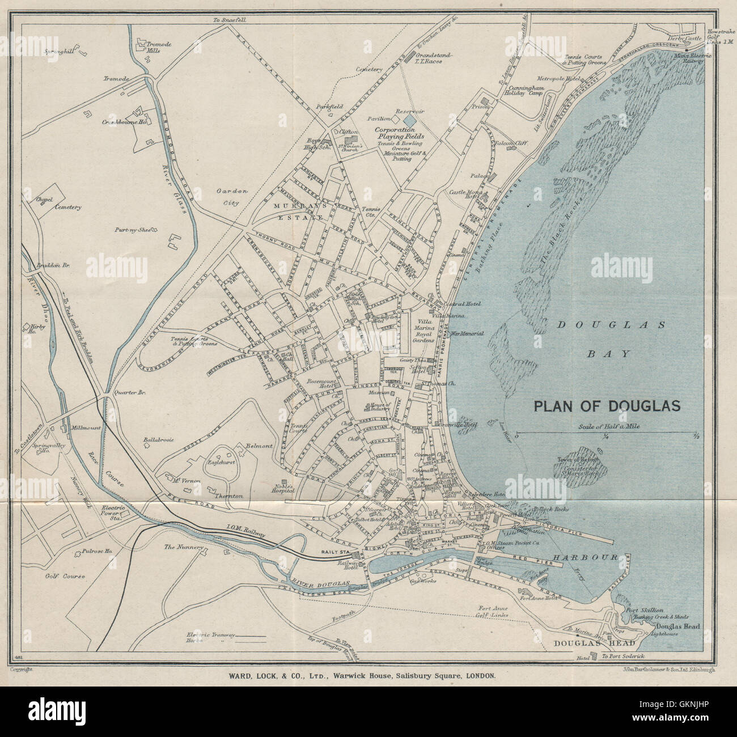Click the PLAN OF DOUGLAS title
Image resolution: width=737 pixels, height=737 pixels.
(x=606, y=406)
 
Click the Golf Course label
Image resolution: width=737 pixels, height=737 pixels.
(x=66, y=576)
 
